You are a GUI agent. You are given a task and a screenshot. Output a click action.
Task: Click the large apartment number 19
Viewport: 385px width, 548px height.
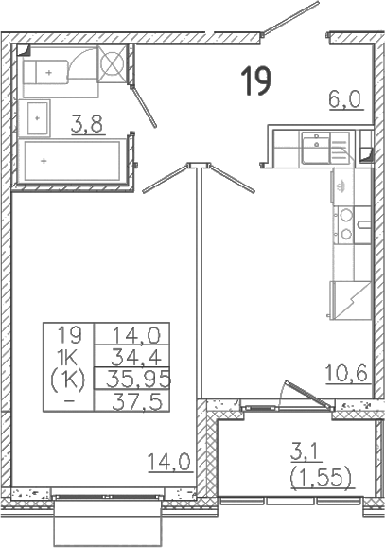point(256,81)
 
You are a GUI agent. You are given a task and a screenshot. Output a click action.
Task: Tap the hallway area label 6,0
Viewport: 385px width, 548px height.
point(345,99)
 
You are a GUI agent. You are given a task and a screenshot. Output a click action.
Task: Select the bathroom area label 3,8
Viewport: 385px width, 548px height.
point(87,124)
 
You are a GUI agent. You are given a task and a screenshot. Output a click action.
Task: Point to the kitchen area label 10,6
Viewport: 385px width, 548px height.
point(346,373)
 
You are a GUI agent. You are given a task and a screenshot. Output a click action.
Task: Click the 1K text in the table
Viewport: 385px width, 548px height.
point(69,357)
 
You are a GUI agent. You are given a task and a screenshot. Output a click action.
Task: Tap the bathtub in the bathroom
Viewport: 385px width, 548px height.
point(73,161)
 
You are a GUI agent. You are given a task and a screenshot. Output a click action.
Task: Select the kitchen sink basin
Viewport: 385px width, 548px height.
point(316,147)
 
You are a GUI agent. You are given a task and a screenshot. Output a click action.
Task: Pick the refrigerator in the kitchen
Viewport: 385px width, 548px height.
point(350,301)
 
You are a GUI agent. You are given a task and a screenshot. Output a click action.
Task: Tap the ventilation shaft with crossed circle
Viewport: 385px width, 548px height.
point(112,64)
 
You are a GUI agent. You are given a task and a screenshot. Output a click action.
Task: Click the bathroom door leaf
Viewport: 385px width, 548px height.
point(144,106)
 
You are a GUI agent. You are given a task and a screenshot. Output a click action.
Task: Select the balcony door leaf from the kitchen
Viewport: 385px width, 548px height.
point(308,395)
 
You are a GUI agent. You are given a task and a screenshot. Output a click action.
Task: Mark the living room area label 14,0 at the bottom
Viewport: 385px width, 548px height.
point(169,462)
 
